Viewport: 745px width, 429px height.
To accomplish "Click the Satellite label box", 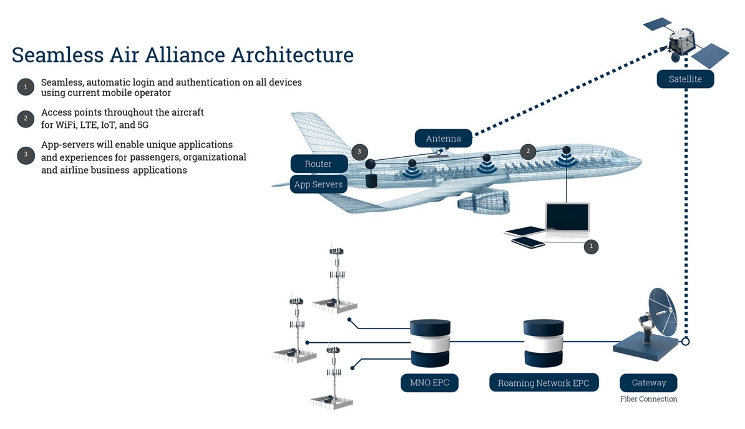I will pos(685,79).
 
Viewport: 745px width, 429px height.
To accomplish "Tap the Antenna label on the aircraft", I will pos(443,138).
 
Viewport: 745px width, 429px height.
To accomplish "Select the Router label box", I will pos(318,164).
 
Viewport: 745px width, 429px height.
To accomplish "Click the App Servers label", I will pos(318,184).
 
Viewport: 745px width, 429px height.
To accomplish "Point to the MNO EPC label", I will pos(429,383).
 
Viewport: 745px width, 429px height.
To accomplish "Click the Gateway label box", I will pos(648,383).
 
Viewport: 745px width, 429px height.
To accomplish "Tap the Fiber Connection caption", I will pos(648,399).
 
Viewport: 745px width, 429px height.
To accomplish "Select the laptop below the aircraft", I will pos(566,220).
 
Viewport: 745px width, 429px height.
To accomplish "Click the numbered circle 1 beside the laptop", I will pos(591,247).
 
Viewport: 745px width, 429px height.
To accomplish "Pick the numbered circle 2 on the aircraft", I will pos(528,152).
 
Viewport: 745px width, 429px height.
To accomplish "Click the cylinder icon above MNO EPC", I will pos(430,343).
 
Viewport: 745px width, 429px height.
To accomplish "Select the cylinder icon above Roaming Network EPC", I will pos(543,343).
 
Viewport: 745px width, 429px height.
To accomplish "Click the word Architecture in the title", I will pos(293,54).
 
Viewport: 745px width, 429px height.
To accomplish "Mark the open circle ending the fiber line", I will pos(686,342).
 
